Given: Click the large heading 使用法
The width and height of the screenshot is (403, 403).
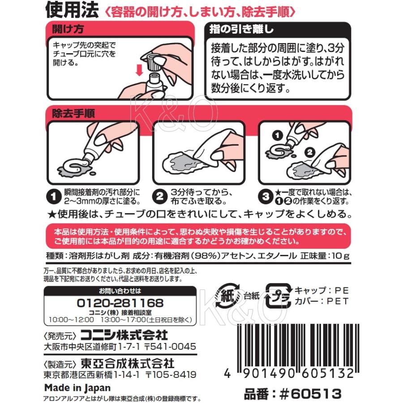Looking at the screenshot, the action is coord(72,10).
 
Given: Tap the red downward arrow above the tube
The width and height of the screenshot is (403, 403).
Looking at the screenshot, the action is coord(139,70).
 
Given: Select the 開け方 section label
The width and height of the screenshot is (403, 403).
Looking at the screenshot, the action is coord(68,29).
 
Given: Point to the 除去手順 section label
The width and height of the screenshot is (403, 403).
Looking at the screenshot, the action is coord(73,113).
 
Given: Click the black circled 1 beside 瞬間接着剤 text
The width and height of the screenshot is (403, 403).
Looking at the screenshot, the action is coord(53,197).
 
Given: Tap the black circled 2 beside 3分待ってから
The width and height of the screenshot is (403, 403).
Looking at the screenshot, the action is coord(159,197).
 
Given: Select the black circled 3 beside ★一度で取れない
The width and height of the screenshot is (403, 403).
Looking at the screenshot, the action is coord(266,197).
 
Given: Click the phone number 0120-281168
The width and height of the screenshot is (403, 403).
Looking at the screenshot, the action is coord(120,303).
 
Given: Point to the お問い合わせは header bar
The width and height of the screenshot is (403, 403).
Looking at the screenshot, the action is coord(120,291).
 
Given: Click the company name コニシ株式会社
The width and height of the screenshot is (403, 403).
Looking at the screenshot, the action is coord(124,335).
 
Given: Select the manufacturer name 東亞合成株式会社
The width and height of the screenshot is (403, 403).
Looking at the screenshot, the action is coord(128,363).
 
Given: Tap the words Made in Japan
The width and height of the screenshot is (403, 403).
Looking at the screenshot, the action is coord(77,388).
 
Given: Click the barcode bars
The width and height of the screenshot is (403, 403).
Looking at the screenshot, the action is coord(301,347).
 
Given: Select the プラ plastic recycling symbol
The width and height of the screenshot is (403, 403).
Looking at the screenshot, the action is coord(278,296).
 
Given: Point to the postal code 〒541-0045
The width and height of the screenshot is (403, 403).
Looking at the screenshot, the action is coord(170,347).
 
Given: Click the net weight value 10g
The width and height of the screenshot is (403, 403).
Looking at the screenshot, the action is coord(340,256).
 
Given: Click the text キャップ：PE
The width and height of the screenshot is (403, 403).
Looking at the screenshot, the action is coord(322,291).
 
